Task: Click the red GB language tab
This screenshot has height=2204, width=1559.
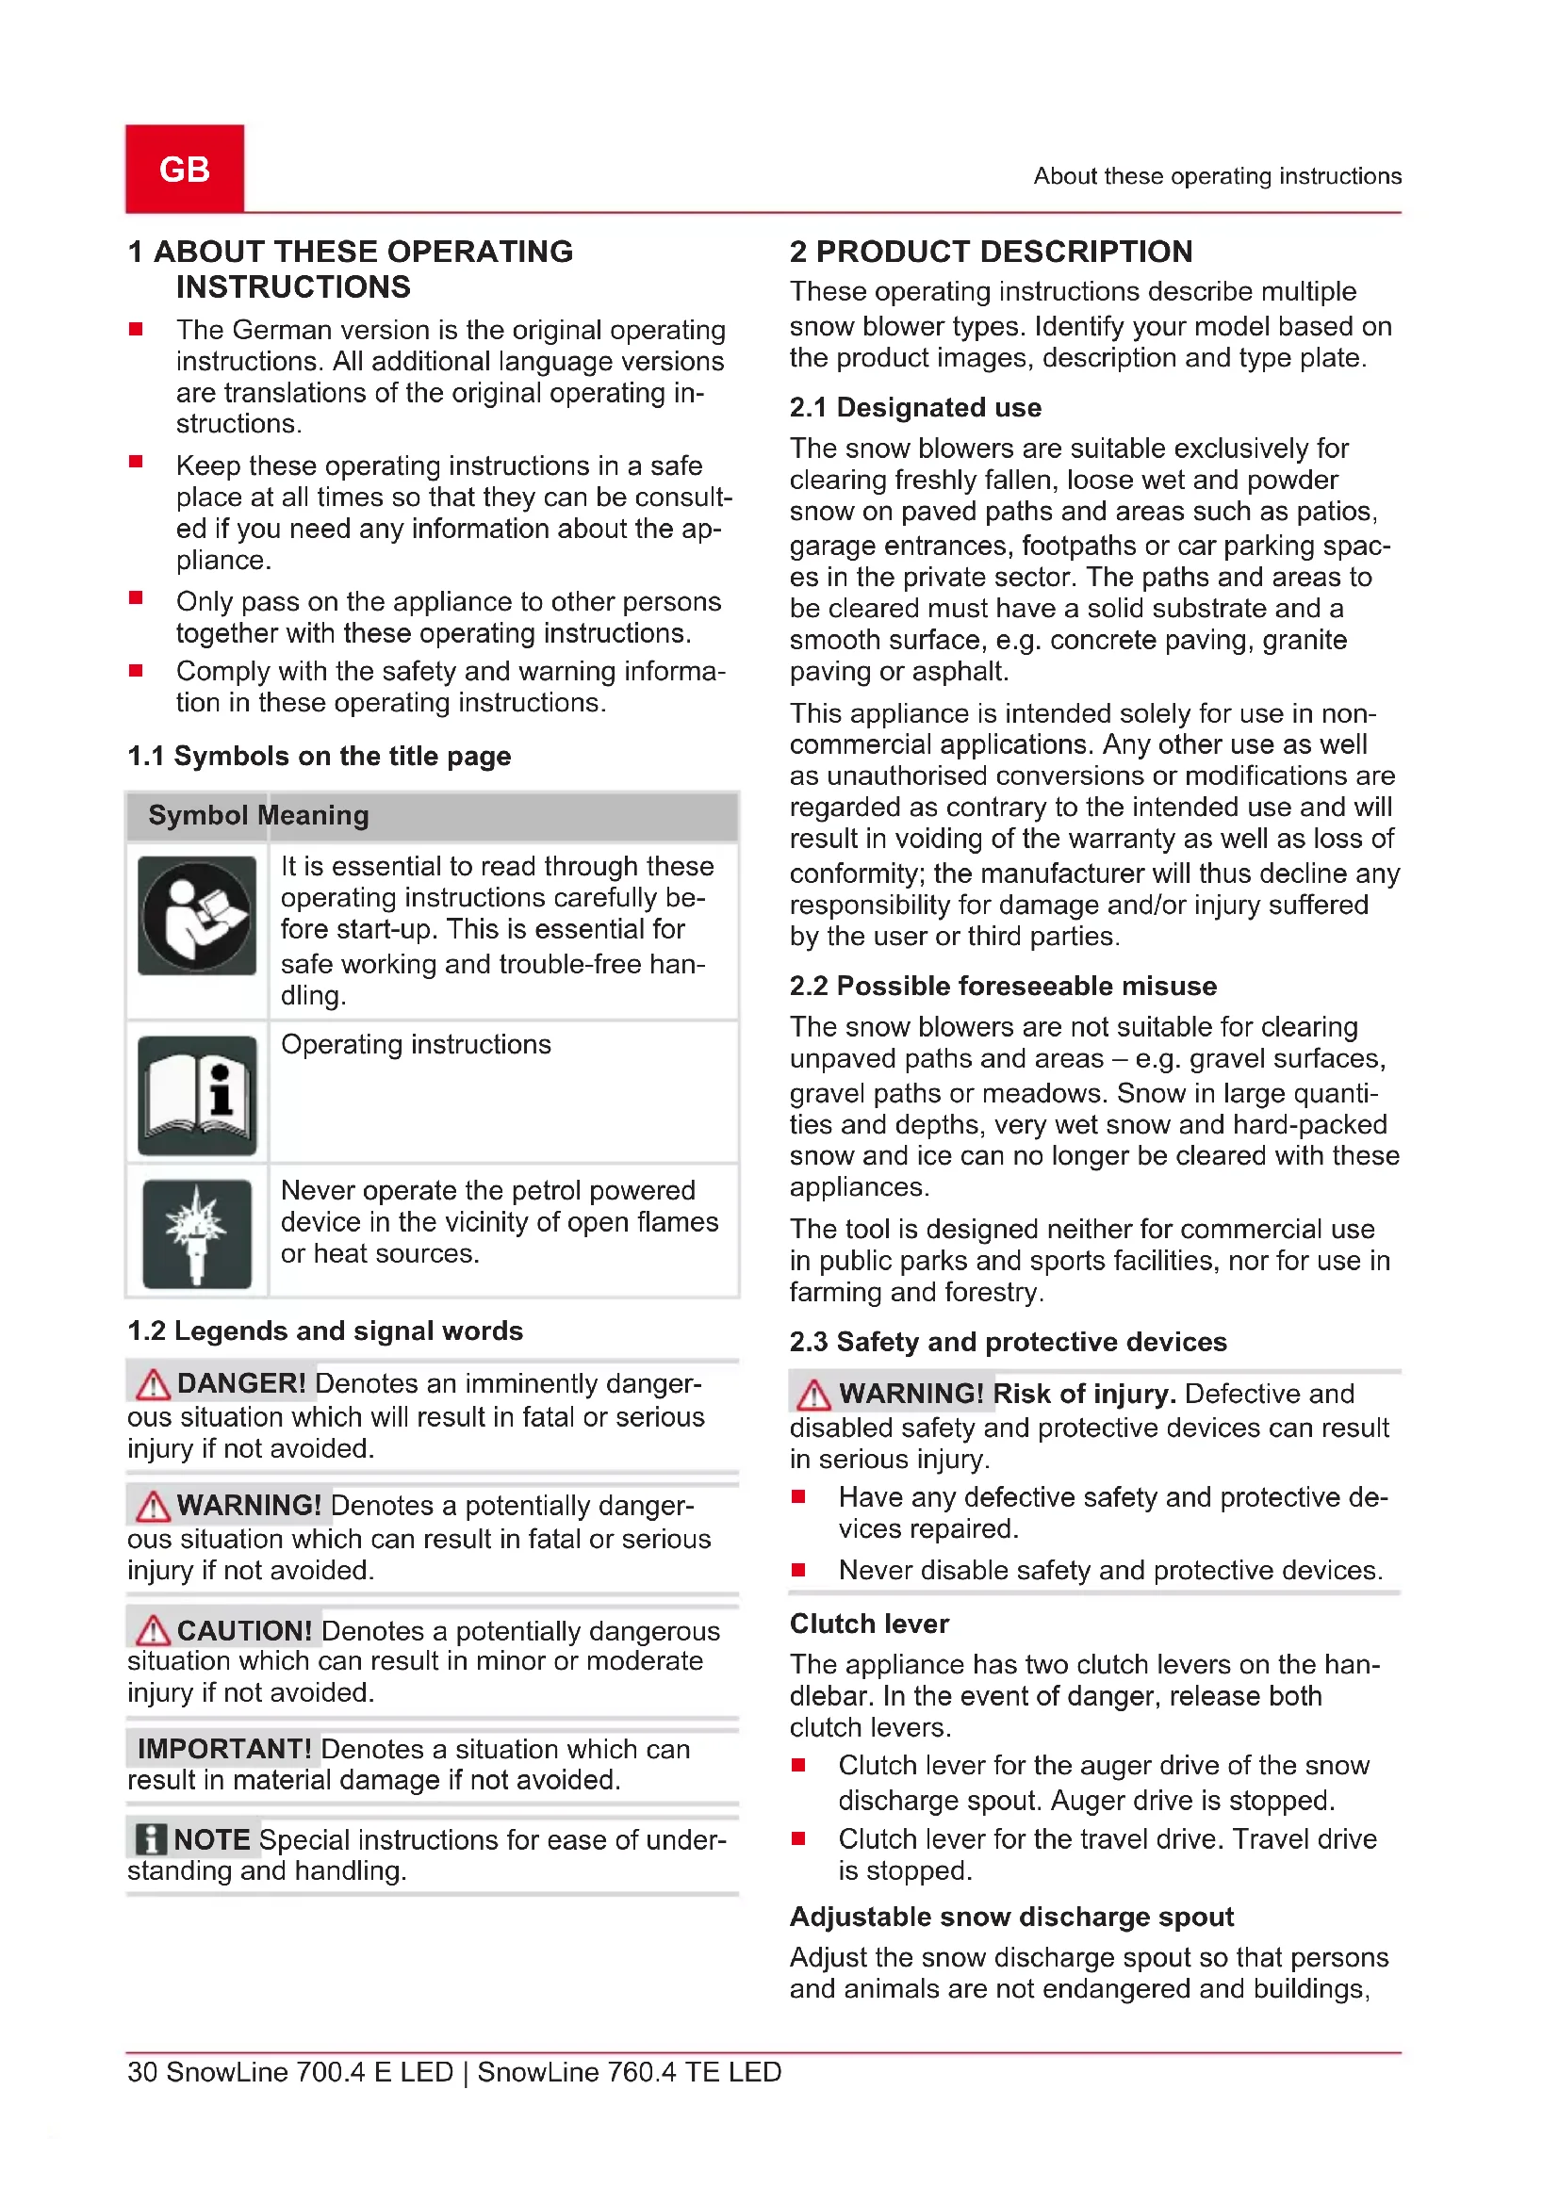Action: click(x=185, y=169)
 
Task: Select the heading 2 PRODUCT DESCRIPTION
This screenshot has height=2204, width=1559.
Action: click(x=991, y=252)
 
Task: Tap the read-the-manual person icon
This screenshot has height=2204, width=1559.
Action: click(x=197, y=916)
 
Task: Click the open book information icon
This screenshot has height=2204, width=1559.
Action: click(x=197, y=1095)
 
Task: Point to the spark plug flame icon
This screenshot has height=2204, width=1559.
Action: click(x=197, y=1233)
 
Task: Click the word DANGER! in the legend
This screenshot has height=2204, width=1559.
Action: click(x=241, y=1383)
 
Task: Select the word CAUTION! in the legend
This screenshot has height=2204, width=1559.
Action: click(x=245, y=1630)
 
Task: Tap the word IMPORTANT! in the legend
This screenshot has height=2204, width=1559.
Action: click(x=224, y=1749)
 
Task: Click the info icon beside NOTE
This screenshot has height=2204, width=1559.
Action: click(x=151, y=1839)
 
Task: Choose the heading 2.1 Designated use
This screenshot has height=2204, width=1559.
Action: click(x=915, y=407)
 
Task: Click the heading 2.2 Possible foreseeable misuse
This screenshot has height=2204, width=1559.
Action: click(x=1003, y=986)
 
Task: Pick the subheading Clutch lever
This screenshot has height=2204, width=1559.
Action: click(x=869, y=1624)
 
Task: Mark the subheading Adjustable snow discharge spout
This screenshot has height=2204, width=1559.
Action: click(x=1011, y=1916)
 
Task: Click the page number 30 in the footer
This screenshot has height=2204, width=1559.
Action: click(x=142, y=2072)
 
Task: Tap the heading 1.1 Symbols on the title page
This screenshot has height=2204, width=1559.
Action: click(x=319, y=757)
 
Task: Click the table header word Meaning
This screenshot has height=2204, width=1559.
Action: click(x=313, y=815)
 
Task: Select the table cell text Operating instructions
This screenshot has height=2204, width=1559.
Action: click(x=416, y=1044)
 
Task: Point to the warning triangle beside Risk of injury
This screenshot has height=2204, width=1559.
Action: click(x=813, y=1394)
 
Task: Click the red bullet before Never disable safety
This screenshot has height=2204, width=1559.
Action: click(x=797, y=1570)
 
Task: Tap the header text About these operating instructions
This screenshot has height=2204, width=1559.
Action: click(x=1217, y=176)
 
